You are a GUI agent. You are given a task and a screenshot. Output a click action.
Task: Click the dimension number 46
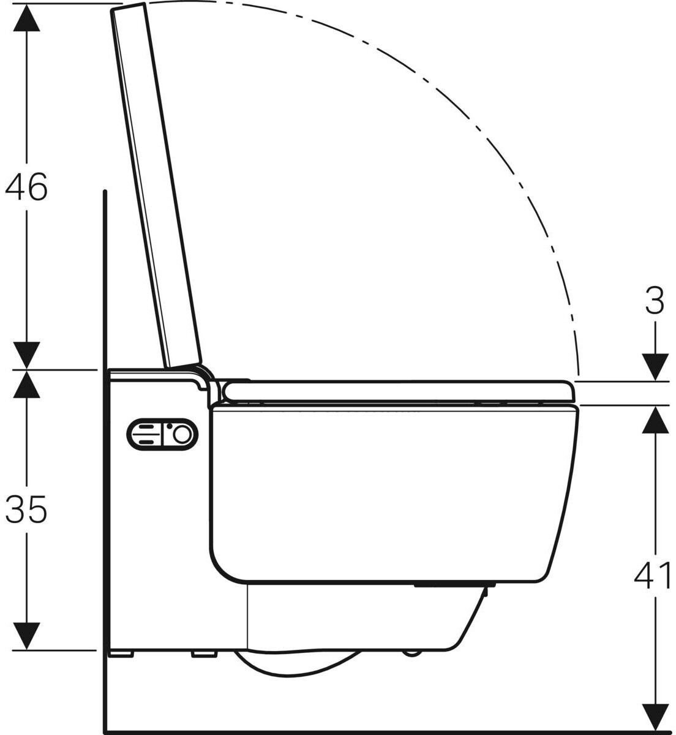coord(26,186)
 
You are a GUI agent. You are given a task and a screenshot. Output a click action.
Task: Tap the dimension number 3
coord(655,301)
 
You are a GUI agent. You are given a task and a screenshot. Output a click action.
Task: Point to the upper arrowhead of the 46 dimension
coord(27,18)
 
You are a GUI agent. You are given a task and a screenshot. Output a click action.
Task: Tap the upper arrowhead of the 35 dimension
coord(26,384)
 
